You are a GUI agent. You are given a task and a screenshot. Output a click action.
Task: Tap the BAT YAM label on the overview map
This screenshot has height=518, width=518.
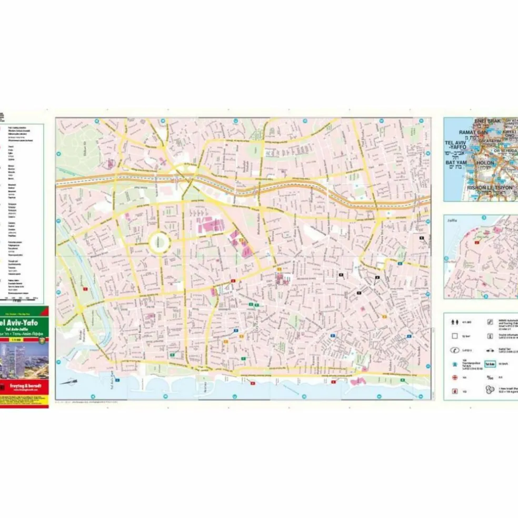(456, 163)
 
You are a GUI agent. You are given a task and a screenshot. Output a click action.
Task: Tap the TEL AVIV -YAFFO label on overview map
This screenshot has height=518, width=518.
(456, 145)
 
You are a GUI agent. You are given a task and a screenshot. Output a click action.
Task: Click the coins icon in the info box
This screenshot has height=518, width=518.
(490, 390)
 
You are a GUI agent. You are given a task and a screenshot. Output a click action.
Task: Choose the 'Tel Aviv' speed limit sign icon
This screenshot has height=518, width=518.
(490, 364)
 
